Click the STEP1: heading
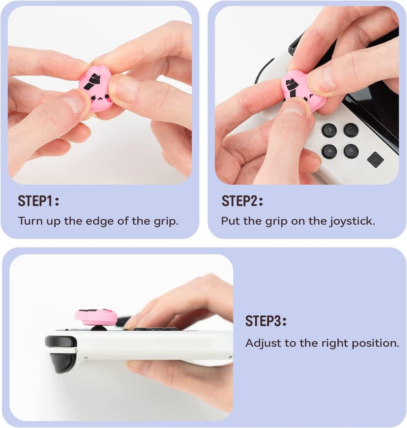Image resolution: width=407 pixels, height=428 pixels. click(38, 201)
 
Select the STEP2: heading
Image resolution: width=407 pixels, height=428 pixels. click(242, 201)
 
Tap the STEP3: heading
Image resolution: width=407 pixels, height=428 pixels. click(266, 321)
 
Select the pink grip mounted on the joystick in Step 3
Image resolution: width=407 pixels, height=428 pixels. click(96, 317)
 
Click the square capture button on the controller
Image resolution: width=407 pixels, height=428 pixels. click(375, 159)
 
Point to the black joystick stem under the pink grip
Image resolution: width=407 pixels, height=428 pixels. click(98, 328)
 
